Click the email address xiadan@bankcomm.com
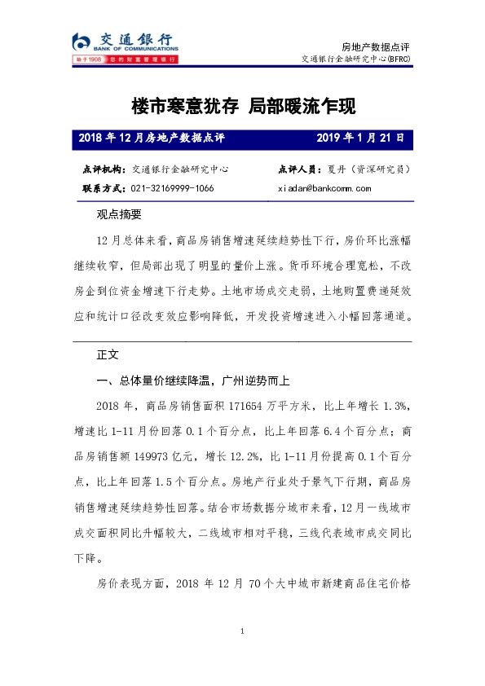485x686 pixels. pyautogui.click(x=324, y=188)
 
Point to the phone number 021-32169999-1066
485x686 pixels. pyautogui.click(x=173, y=188)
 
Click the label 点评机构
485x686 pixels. pyautogui.click(x=103, y=169)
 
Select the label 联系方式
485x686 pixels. pyautogui.click(x=103, y=188)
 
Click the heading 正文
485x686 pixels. pyautogui.click(x=108, y=355)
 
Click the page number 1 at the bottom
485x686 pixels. pyautogui.click(x=243, y=632)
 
